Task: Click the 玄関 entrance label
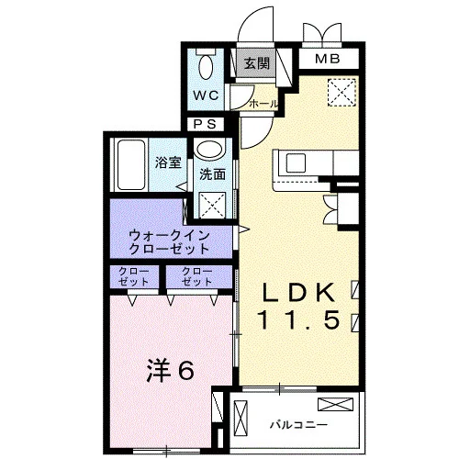tap(257, 63)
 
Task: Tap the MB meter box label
tap(328, 59)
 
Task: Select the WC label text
tap(206, 95)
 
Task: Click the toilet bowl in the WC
tap(206, 67)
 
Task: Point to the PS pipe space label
tap(206, 124)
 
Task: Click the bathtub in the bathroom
tap(131, 164)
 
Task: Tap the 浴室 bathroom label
tap(168, 162)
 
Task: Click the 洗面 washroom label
tap(212, 174)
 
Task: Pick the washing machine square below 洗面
tap(212, 205)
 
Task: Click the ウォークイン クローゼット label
tap(169, 242)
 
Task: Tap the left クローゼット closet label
tap(134, 276)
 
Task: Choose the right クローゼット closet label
tap(197, 276)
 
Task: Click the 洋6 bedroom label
tap(170, 371)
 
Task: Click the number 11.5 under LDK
tap(299, 320)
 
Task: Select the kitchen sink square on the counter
tap(296, 163)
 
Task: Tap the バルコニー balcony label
tap(298, 425)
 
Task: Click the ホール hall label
tap(263, 104)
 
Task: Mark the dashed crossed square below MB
tap(342, 93)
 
